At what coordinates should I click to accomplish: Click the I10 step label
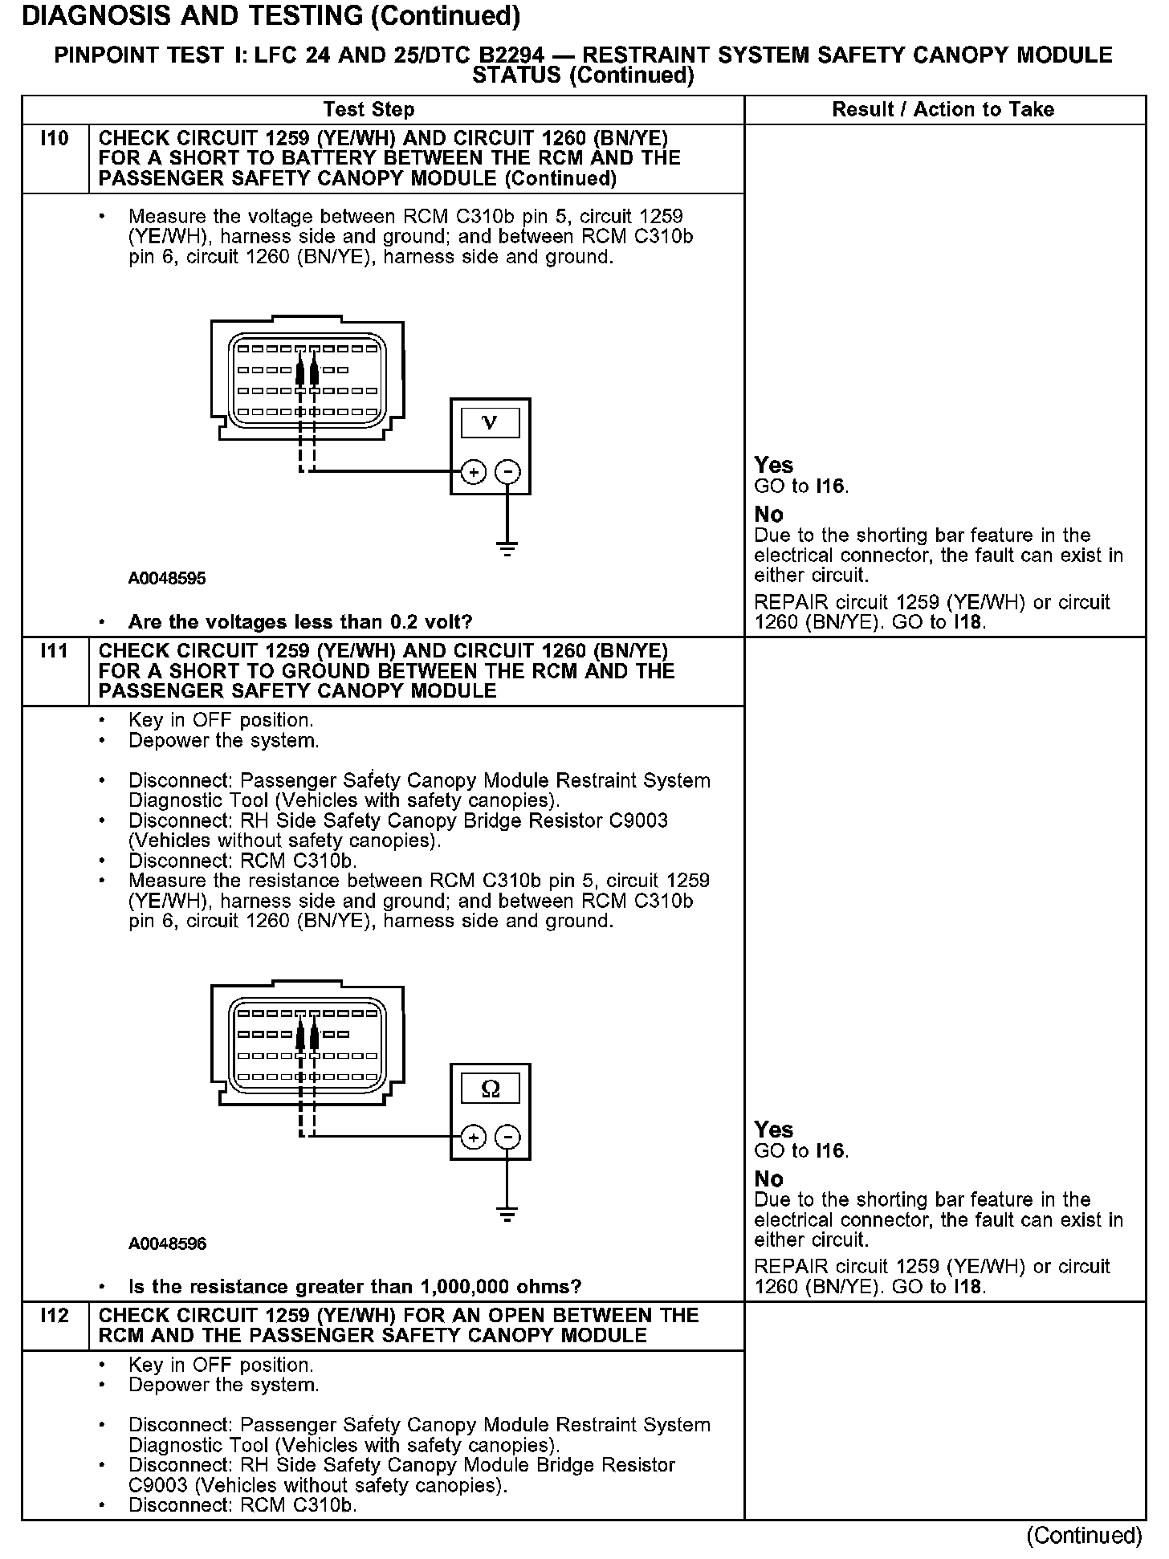tap(55, 139)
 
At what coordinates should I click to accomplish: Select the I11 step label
tap(55, 651)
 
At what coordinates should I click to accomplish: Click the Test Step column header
tap(369, 110)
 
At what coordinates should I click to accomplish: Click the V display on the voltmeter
tap(490, 422)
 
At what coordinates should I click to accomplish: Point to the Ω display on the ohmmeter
tap(490, 1089)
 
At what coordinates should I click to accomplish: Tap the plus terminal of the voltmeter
tap(474, 472)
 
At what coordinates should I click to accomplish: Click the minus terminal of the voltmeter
tap(507, 472)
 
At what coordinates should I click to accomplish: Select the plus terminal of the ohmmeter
tap(474, 1138)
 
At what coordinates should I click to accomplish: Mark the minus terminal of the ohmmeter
tap(507, 1138)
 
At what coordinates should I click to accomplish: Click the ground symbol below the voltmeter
tap(507, 550)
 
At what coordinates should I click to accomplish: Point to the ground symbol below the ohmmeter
tap(507, 1215)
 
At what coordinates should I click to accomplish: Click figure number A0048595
tap(167, 578)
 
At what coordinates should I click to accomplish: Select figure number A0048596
tap(167, 1244)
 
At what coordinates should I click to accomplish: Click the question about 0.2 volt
tap(300, 622)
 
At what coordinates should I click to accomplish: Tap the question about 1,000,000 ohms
tap(355, 1287)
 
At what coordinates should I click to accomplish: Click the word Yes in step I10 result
tap(773, 466)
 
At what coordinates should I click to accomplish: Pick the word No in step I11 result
tap(768, 1179)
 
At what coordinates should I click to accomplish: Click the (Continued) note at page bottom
tap(1084, 1535)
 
